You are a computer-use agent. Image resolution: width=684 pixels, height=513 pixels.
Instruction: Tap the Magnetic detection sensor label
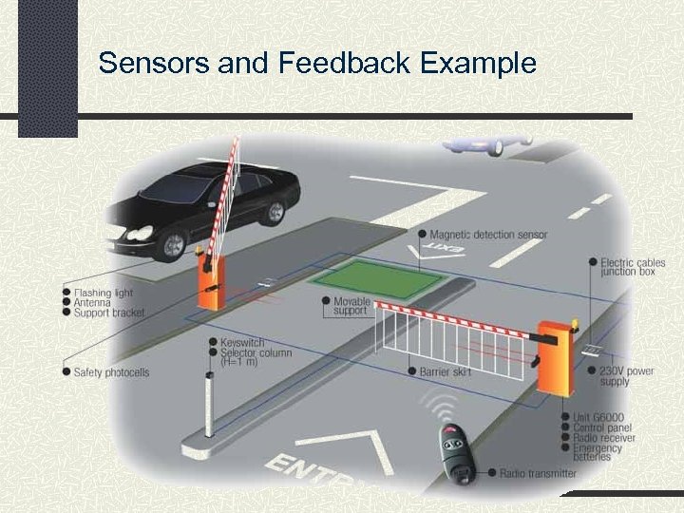[x=488, y=235]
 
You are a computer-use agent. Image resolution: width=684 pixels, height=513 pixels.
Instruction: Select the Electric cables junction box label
[x=633, y=266]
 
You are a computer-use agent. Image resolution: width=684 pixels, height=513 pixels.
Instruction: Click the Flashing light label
[x=104, y=293]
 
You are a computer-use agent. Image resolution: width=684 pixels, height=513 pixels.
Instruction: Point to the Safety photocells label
[x=111, y=372]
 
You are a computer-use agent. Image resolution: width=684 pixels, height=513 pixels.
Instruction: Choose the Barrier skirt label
[x=446, y=371]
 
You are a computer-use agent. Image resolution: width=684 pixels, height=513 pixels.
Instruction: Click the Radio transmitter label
[x=537, y=473]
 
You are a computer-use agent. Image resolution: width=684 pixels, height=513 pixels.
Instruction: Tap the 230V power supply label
[x=626, y=376]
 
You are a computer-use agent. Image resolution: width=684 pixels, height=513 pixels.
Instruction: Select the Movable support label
[x=351, y=306]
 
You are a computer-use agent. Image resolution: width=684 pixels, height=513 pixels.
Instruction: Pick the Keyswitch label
[x=242, y=342]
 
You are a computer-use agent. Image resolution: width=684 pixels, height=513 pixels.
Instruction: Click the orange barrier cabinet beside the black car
[x=209, y=280]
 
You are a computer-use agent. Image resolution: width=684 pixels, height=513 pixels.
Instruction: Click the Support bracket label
[x=110, y=313]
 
